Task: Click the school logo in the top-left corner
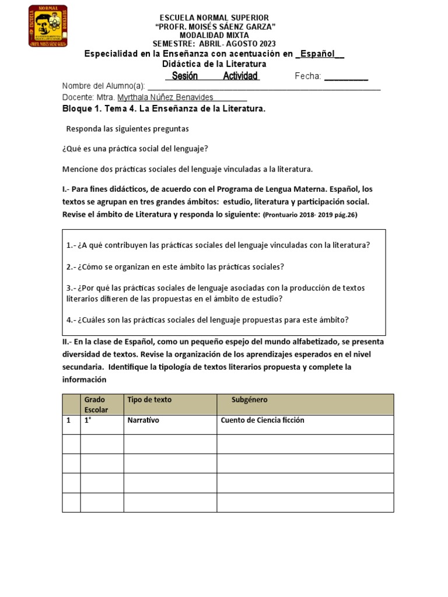tap(48, 26)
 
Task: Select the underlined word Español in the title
tap(318, 54)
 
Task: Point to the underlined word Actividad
tap(241, 76)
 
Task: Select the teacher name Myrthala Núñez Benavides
tap(166, 97)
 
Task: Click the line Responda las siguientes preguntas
tap(127, 128)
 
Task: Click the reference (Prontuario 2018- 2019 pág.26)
tap(310, 215)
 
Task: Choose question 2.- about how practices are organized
tap(175, 266)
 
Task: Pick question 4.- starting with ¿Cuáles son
tap(207, 319)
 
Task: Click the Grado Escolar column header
tap(96, 405)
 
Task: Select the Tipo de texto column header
tap(149, 400)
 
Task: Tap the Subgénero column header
tap(250, 400)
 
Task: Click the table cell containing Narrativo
tap(143, 420)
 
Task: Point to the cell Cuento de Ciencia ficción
tap(262, 420)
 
